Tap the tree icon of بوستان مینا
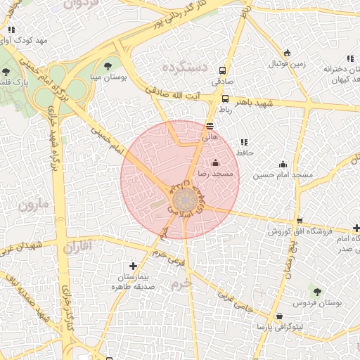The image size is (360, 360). [108, 66]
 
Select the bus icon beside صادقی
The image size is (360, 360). [223, 70]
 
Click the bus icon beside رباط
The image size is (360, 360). [225, 99]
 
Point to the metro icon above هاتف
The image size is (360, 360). [210, 127]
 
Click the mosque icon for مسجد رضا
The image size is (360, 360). [215, 163]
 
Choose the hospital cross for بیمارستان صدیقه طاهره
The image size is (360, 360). [134, 266]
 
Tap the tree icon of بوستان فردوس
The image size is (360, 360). [315, 290]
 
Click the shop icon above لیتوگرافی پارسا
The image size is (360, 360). [280, 316]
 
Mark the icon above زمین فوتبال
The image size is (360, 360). [287, 53]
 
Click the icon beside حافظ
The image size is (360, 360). [243, 142]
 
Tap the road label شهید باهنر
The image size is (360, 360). [253, 103]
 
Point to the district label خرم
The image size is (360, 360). [180, 284]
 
